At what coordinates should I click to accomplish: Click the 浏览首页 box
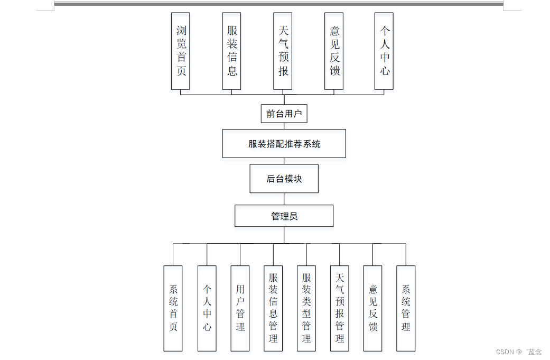tap(180, 51)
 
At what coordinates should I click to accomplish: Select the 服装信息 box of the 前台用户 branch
tap(231, 51)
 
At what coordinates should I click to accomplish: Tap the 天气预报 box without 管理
tap(283, 51)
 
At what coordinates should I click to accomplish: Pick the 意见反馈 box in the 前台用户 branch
tap(334, 51)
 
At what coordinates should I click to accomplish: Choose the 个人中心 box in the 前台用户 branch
tap(384, 51)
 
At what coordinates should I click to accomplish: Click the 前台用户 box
tap(284, 113)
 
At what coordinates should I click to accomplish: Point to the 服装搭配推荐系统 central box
tap(284, 143)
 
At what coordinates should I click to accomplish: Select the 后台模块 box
tap(284, 179)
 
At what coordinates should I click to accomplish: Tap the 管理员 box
tap(284, 216)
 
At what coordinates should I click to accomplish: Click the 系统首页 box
tap(173, 308)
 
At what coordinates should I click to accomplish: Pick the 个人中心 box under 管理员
tap(207, 308)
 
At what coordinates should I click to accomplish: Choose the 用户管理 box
tap(240, 308)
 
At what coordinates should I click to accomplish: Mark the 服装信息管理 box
tap(273, 308)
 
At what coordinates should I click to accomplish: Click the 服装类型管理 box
tap(306, 308)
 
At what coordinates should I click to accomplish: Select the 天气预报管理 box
tap(340, 308)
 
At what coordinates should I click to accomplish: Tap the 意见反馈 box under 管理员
tap(373, 308)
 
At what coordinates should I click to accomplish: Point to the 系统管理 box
tap(406, 308)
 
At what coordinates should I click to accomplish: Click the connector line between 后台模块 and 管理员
tap(284, 199)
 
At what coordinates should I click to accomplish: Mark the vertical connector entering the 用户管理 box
tap(240, 254)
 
